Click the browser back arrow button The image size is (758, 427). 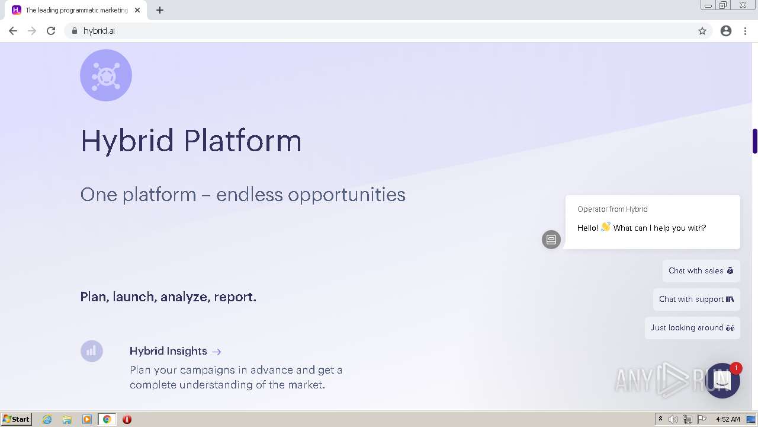tap(13, 31)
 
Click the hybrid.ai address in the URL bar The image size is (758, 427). tap(99, 31)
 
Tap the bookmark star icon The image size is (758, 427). tap(702, 31)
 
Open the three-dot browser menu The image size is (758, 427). tap(745, 31)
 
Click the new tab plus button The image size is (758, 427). tap(160, 10)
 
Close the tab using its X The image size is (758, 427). tap(137, 10)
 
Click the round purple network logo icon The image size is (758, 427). tap(106, 75)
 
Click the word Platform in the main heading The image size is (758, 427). tap(243, 141)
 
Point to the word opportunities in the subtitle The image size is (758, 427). tap(346, 195)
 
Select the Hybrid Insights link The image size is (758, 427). tap(175, 351)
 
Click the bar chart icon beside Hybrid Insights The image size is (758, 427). tap(91, 351)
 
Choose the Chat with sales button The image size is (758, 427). tap(701, 271)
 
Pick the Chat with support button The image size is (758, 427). tap(696, 299)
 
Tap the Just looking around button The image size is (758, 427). tap(692, 328)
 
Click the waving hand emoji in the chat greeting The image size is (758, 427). tap(605, 227)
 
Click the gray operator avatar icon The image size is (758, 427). tap(551, 240)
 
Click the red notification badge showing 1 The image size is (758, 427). tap(735, 368)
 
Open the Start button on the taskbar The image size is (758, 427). tap(16, 419)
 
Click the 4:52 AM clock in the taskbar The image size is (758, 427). tap(728, 419)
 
